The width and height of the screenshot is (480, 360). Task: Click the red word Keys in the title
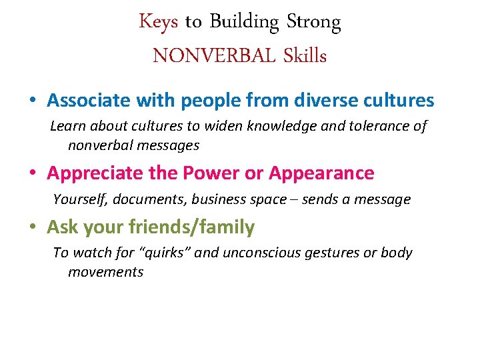point(158,23)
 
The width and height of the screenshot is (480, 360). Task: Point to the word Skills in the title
point(304,56)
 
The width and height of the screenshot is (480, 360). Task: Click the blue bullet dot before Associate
point(33,101)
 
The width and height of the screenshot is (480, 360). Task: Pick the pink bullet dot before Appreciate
point(33,173)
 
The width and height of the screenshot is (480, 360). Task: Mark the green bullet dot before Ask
point(33,228)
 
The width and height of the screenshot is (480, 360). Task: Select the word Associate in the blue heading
point(89,101)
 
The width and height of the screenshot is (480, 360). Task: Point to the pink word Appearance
point(321,173)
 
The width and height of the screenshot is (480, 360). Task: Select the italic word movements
point(105,272)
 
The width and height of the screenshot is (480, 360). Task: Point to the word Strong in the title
point(313,23)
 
